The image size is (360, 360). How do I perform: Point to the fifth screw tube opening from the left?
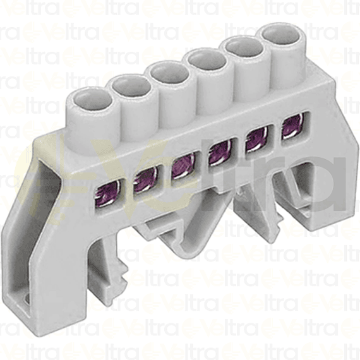pos(244,47)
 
